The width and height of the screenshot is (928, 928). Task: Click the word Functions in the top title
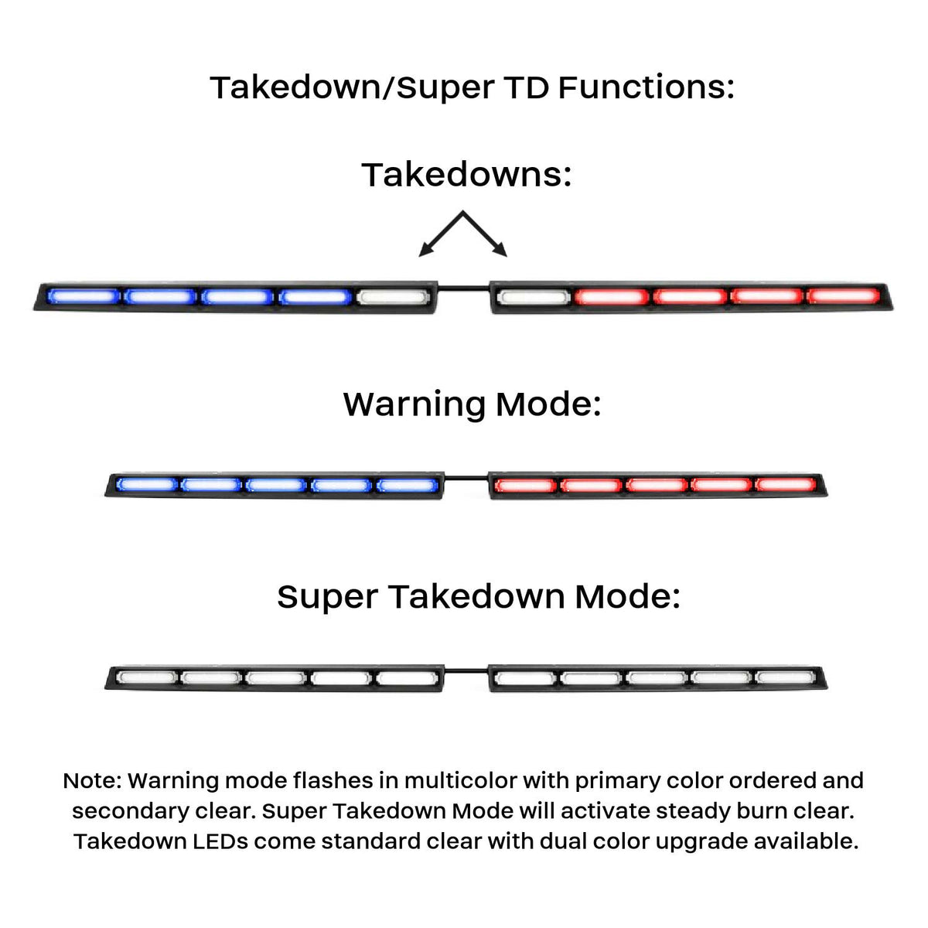tap(647, 88)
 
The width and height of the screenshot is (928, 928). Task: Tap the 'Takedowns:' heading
tap(466, 175)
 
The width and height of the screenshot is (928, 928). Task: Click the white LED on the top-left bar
tap(393, 297)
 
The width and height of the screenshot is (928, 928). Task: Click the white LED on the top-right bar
tap(534, 297)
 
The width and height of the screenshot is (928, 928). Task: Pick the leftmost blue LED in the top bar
tap(84, 296)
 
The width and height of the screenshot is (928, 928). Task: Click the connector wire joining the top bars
tap(463, 288)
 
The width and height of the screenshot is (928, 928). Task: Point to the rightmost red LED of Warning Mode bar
tap(786, 484)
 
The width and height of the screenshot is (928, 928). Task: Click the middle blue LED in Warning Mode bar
tap(276, 484)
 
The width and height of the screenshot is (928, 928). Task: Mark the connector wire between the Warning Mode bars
tap(466, 478)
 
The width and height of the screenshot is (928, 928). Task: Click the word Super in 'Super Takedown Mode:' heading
tap(327, 598)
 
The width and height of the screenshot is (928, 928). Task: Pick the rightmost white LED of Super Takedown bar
tap(786, 678)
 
